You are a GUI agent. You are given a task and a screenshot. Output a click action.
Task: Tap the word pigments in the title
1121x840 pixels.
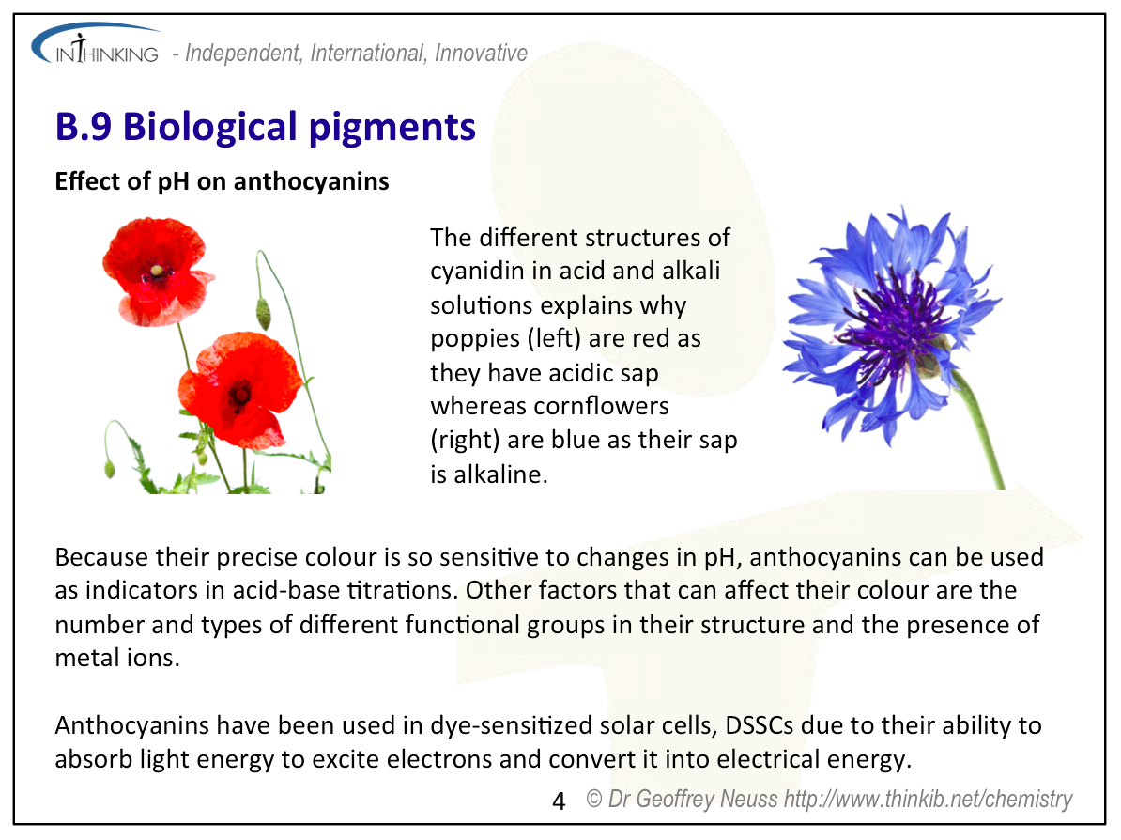tap(392, 129)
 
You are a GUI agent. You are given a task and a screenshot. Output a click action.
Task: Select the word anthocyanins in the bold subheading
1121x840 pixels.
tap(311, 181)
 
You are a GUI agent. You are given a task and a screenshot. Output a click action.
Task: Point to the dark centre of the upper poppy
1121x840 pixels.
tap(157, 272)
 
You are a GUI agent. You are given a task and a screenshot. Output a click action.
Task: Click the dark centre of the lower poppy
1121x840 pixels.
tap(239, 396)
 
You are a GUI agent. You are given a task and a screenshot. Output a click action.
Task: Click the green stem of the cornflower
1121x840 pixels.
tap(981, 429)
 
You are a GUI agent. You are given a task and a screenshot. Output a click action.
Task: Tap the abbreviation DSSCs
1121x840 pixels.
tap(760, 725)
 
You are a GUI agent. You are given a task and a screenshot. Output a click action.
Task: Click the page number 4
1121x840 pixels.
tap(559, 801)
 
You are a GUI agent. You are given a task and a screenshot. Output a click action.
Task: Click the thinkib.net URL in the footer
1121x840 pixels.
tap(928, 799)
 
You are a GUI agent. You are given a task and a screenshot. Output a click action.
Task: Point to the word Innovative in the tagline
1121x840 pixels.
tap(481, 53)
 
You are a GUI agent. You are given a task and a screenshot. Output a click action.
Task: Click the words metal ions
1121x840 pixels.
tap(117, 658)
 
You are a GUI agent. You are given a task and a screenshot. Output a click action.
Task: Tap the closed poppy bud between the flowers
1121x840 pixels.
tap(263, 313)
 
